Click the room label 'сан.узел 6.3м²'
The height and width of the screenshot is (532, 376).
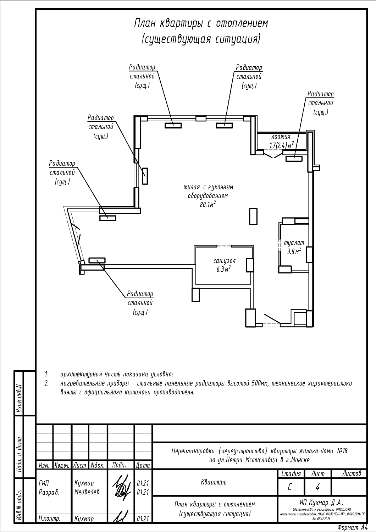[x=224, y=265]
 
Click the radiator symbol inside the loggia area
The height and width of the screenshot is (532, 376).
[x=294, y=158]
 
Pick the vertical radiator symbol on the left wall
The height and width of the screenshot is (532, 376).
[x=144, y=176]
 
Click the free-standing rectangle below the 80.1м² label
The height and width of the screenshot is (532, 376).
[x=253, y=216]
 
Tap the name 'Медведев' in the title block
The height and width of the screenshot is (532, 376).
[x=87, y=492]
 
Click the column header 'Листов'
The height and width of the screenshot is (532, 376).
[x=352, y=473]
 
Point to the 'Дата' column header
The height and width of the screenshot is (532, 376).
[x=143, y=465]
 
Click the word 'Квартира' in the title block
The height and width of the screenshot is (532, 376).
[x=214, y=482]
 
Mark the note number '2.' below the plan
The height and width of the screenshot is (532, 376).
[x=46, y=383]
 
